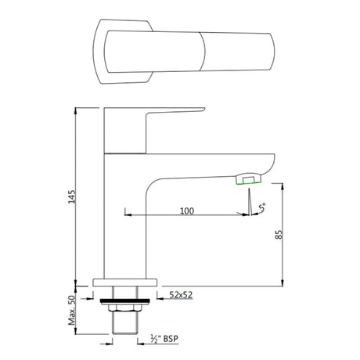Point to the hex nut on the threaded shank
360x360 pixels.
pos(124,306)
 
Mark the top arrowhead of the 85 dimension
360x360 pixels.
pos(282,184)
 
